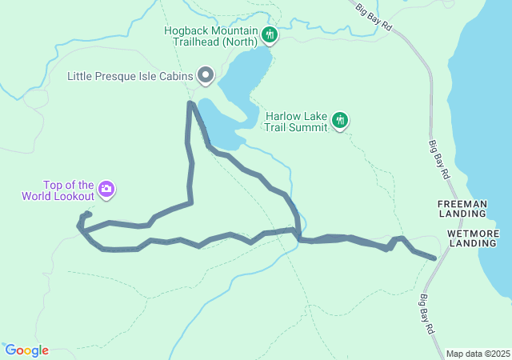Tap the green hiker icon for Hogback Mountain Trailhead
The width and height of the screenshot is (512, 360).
click(x=270, y=34)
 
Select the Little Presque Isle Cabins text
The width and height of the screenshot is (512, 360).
click(x=130, y=77)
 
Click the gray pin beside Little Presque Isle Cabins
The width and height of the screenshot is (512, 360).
click(x=205, y=76)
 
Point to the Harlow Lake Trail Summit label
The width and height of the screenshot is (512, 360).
click(x=296, y=121)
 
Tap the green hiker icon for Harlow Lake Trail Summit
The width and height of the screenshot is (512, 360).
click(x=341, y=120)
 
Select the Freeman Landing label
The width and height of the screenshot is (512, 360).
click(x=462, y=210)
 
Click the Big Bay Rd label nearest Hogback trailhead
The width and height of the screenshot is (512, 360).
click(x=374, y=16)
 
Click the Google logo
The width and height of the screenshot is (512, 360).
click(x=26, y=350)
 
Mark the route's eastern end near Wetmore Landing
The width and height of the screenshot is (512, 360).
click(x=434, y=258)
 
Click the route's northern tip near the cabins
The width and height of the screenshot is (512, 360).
click(x=190, y=103)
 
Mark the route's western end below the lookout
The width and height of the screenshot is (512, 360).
click(x=79, y=226)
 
